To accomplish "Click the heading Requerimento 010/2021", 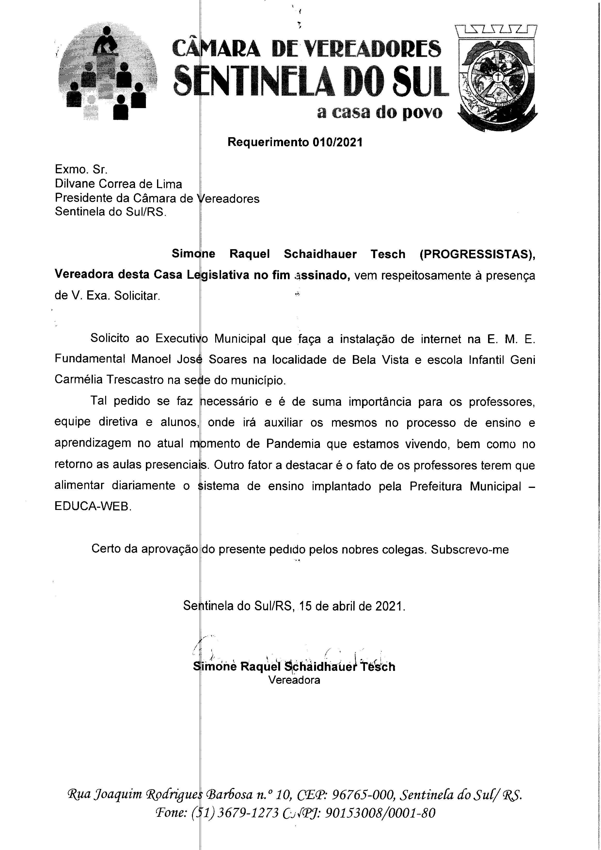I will (x=295, y=142).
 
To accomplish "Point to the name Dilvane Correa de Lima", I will (x=119, y=184).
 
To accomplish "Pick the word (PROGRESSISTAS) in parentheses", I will (x=477, y=254).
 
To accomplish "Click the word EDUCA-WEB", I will (x=93, y=507).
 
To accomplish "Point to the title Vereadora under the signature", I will (x=294, y=680).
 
